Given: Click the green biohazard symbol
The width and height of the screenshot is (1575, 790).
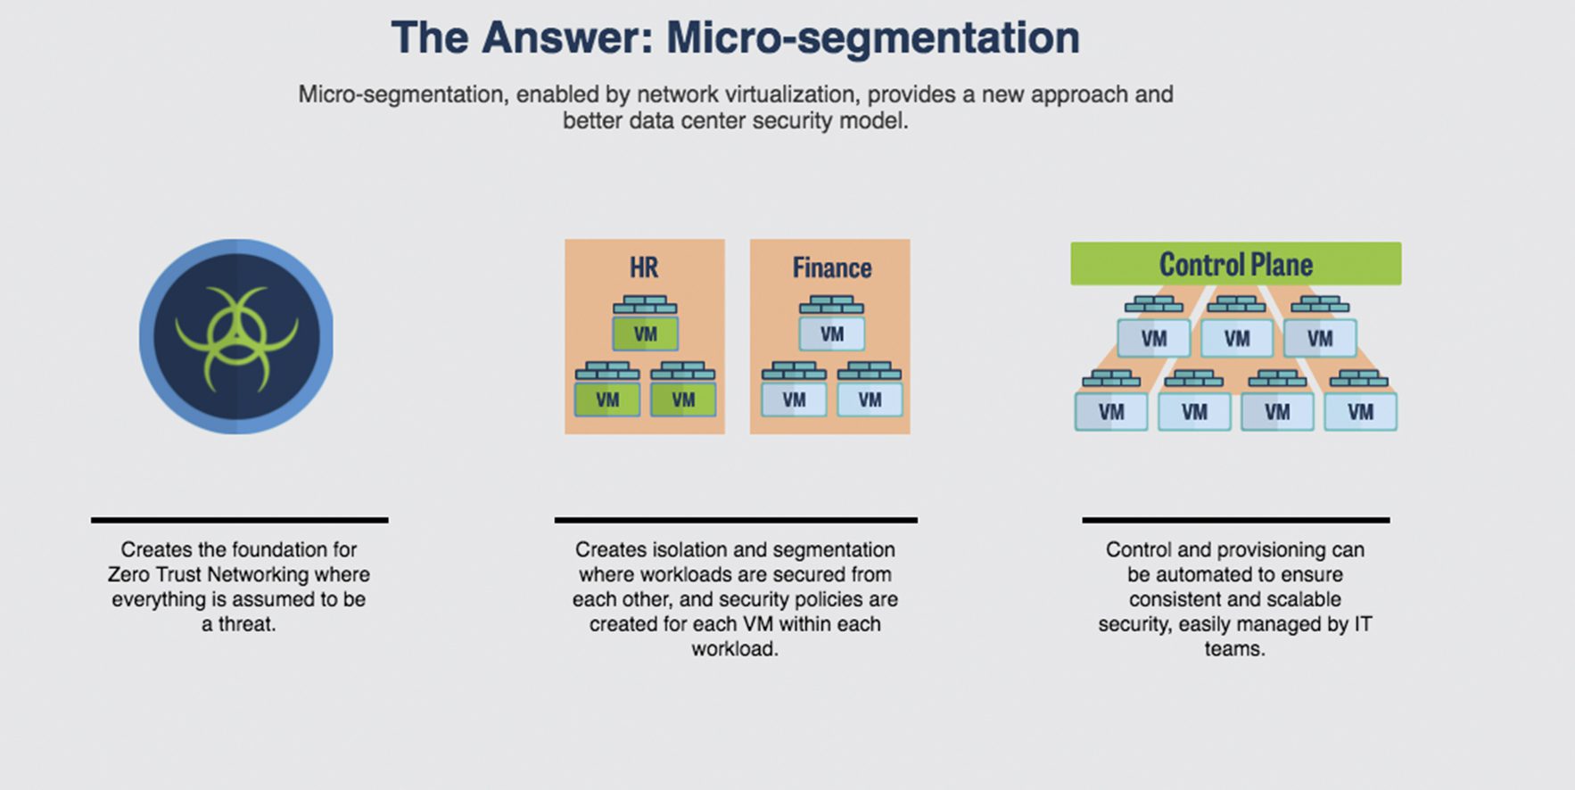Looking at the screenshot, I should pos(236,337).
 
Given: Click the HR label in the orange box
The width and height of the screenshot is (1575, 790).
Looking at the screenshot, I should pos(644,267).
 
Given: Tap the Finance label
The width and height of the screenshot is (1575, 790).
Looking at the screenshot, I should pos(831,267).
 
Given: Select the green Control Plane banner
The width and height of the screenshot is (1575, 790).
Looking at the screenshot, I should pos(1235,264).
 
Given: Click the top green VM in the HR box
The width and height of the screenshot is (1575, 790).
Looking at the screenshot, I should pos(645,334).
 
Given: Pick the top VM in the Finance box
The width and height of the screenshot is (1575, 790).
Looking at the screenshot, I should pos(831,334).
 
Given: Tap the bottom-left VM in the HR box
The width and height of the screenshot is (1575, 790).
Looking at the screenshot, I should pos(607,399).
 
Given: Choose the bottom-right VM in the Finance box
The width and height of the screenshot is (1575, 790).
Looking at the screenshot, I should pos(870,399).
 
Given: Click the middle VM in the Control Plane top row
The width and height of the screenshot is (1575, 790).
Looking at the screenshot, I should pos(1236,339).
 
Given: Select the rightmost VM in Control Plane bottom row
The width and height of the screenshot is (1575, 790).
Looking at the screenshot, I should pos(1360,412).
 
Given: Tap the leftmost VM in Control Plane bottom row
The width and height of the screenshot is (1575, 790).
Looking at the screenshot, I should pos(1111,412).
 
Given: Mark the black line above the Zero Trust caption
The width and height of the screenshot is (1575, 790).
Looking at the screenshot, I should pos(239,520).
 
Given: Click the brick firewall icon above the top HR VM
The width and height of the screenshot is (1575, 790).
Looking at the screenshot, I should pos(645,305).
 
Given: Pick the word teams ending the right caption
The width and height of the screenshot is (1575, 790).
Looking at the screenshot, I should pos(1233,649).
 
